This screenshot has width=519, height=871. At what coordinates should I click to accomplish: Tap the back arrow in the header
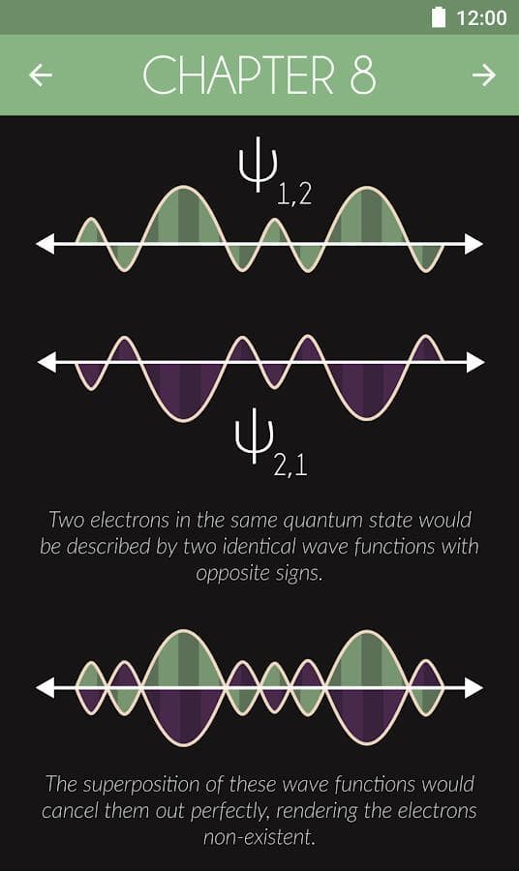tap(41, 75)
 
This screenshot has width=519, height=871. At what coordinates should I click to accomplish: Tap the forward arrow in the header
tap(483, 75)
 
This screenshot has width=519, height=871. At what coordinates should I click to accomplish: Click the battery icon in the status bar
tap(439, 17)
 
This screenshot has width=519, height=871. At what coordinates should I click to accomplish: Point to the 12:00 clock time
tap(481, 17)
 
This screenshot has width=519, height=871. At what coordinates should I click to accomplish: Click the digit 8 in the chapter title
tap(363, 75)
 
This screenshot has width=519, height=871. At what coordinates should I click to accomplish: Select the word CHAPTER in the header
tap(239, 75)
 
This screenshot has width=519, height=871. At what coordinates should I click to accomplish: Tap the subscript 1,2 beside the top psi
tap(294, 195)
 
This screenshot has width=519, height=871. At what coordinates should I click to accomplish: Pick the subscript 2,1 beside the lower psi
tap(290, 466)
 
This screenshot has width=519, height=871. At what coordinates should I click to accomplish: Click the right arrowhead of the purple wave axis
tap(475, 362)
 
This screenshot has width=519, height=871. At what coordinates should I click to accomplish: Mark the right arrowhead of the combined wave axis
tap(474, 688)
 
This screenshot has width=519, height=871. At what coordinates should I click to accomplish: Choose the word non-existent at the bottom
tap(259, 836)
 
